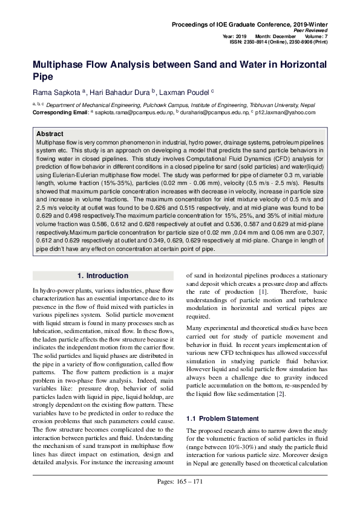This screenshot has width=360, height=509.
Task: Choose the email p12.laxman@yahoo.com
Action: (x=287, y=112)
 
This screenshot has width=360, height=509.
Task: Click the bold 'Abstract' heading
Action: (x=50, y=133)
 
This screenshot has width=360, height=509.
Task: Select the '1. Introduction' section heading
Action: (x=103, y=276)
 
